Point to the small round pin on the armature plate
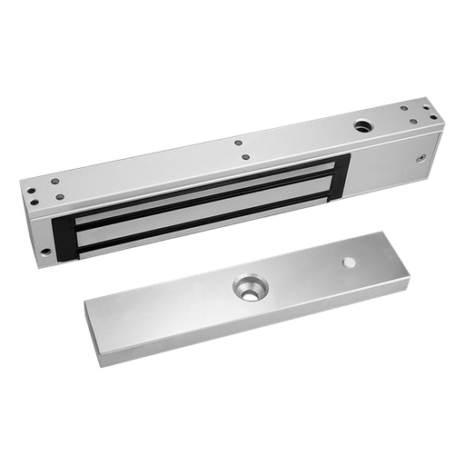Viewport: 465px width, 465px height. pos(349,263)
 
